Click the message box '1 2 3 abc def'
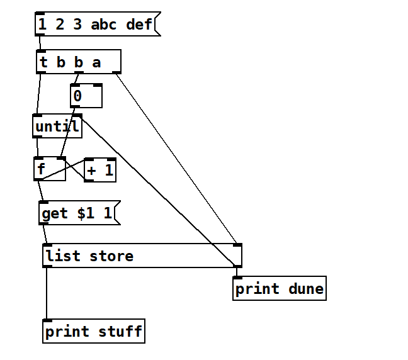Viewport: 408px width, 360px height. [x=94, y=25]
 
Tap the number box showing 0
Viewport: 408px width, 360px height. [x=86, y=96]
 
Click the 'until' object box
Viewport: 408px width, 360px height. [x=57, y=127]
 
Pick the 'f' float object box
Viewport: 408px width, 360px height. [x=49, y=169]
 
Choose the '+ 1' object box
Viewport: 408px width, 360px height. [x=100, y=170]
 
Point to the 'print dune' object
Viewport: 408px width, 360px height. [x=279, y=289]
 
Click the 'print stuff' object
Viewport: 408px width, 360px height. [x=94, y=331]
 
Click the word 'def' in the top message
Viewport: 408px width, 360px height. [x=139, y=25]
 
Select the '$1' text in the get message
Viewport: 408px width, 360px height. [x=86, y=213]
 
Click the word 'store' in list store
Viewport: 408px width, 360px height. [x=111, y=256]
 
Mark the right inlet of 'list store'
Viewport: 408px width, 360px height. [x=237, y=245]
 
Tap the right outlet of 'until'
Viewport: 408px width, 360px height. [x=77, y=116]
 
